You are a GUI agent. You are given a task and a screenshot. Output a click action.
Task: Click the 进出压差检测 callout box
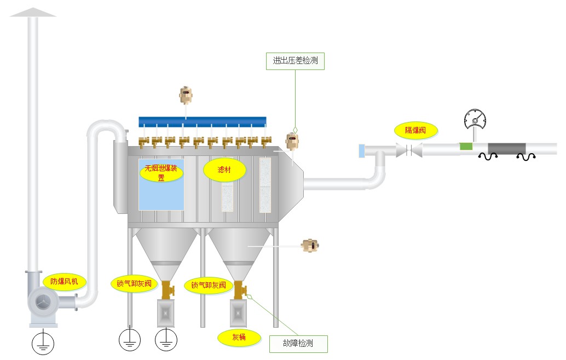tap(295, 61)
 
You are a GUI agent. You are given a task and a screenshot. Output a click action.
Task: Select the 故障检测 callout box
tap(298, 344)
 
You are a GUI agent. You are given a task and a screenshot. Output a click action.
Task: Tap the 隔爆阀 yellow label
tap(416, 130)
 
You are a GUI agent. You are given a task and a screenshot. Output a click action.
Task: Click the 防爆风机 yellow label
tap(65, 282)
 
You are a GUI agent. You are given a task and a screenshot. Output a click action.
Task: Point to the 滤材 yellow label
tap(224, 170)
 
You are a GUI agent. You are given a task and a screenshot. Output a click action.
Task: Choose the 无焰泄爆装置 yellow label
tap(161, 173)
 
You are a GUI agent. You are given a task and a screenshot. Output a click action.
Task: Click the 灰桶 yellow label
tap(239, 337)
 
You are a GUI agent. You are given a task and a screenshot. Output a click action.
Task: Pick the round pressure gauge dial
tap(475, 120)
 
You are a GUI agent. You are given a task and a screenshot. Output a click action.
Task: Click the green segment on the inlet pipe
tap(465, 147)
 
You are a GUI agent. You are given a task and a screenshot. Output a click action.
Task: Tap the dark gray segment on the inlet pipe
tap(506, 148)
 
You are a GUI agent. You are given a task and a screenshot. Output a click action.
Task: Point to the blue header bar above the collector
tap(202, 121)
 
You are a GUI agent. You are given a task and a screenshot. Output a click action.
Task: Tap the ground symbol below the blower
tap(42, 343)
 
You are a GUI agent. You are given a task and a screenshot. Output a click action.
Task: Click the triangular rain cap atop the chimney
tap(33, 12)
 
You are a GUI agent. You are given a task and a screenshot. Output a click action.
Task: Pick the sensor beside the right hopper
tap(311, 246)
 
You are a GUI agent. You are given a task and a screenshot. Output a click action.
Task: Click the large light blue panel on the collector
tap(161, 185)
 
